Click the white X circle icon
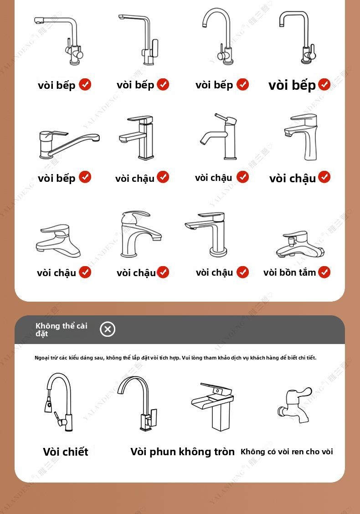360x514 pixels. (108, 329)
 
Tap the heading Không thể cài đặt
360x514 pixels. (62, 329)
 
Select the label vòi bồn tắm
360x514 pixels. (289, 272)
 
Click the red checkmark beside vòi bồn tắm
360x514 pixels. (324, 272)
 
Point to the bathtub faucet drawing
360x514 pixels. (300, 244)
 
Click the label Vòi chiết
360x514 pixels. (66, 452)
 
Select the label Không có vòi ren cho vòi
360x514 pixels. (287, 452)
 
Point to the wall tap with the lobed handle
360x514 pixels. (294, 405)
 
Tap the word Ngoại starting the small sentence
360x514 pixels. (41, 358)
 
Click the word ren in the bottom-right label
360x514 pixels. (298, 452)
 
